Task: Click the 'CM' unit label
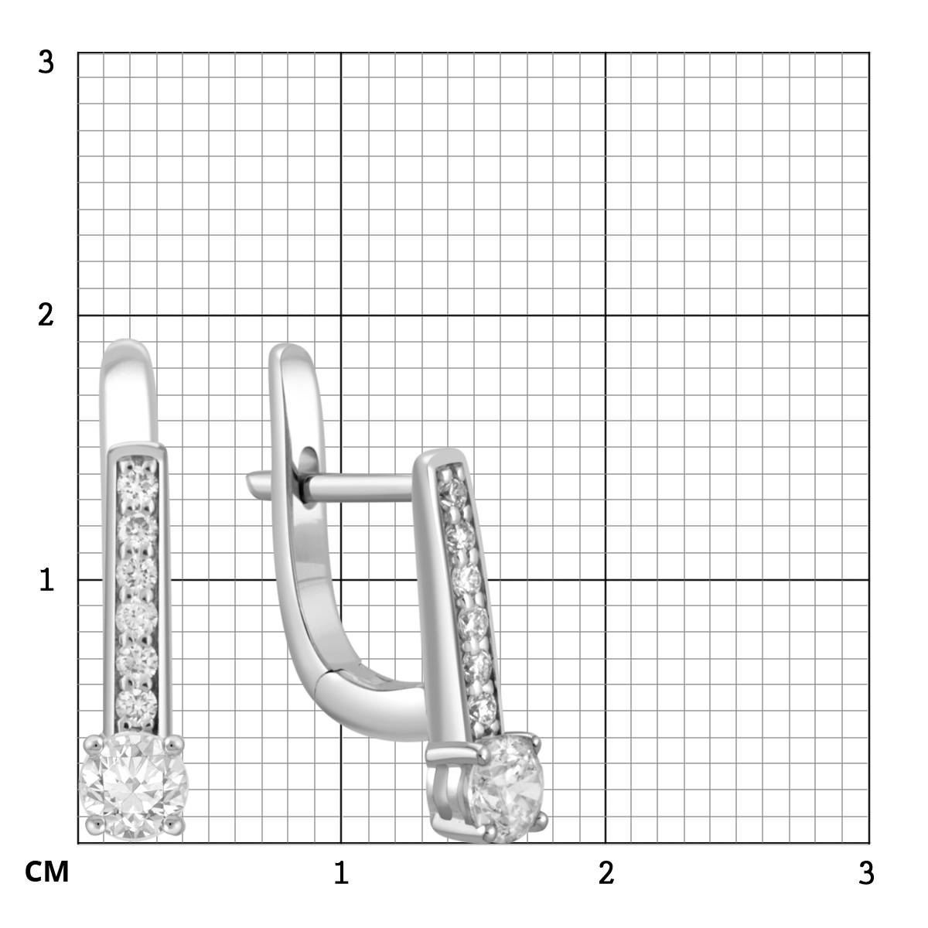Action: point(46,872)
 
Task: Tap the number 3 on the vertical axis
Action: point(46,63)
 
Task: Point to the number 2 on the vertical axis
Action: point(46,316)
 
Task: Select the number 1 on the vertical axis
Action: point(46,579)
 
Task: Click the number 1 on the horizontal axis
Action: point(341,872)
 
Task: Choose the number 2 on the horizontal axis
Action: point(606,872)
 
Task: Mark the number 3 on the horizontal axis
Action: point(866,872)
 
